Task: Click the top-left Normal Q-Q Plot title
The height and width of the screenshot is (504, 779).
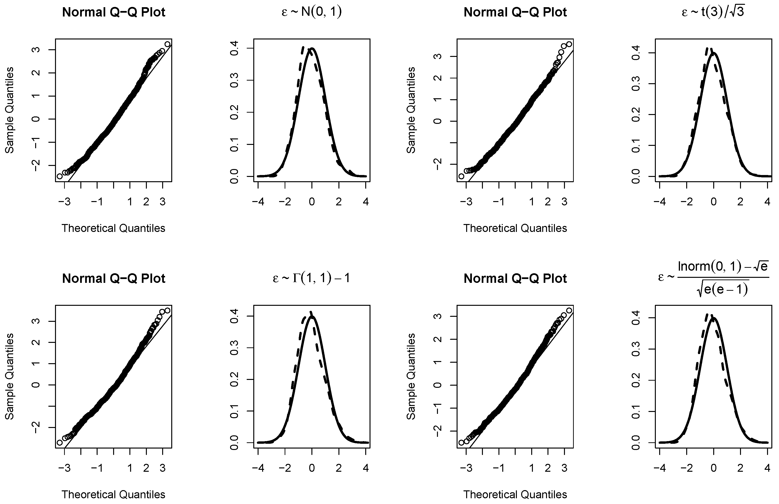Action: [114, 12]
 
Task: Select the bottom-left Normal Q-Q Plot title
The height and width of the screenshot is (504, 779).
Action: [114, 279]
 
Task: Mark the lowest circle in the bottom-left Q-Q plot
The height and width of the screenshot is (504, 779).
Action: [60, 443]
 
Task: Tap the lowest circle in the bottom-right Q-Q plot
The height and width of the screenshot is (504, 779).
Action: [461, 443]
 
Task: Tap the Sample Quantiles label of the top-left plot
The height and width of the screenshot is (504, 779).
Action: [10, 110]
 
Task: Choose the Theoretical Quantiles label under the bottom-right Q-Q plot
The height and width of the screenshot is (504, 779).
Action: [515, 494]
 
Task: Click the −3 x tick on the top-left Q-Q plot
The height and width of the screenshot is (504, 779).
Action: [65, 202]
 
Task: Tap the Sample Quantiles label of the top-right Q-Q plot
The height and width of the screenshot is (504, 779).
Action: [411, 110]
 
